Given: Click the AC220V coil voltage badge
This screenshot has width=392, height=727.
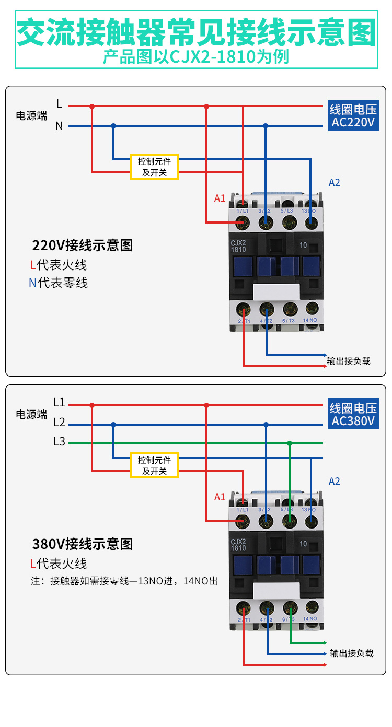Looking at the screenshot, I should (353, 116).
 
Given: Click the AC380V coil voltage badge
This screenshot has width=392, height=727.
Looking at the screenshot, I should (353, 414).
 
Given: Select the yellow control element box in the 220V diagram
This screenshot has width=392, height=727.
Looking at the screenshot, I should (154, 167).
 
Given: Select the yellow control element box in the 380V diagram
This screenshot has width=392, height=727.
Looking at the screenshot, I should (154, 465).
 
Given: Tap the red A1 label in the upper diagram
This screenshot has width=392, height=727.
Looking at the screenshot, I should (220, 198).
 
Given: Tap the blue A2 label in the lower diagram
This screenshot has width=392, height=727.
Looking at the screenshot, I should (334, 481).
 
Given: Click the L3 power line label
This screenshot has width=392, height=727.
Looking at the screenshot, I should (59, 442).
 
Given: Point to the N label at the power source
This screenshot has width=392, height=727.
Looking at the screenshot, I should (59, 126).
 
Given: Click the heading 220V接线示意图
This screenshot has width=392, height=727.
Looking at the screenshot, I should (83, 245).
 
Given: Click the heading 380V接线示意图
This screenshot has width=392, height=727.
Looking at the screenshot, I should (83, 544).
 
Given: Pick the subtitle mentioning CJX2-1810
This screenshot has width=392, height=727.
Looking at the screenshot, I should (196, 56).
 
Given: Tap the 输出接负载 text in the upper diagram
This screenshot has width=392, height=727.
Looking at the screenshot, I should (349, 360).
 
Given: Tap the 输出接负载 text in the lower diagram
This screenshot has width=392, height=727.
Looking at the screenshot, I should (352, 653).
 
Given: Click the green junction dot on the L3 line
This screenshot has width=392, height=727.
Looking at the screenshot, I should (290, 443).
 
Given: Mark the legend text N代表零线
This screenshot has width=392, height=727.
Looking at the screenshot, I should (58, 283).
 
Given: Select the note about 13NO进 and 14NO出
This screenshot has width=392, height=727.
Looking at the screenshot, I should (124, 581).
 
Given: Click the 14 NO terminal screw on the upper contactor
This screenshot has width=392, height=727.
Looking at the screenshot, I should (312, 308).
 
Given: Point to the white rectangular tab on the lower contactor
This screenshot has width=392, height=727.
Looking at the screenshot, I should (275, 591).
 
